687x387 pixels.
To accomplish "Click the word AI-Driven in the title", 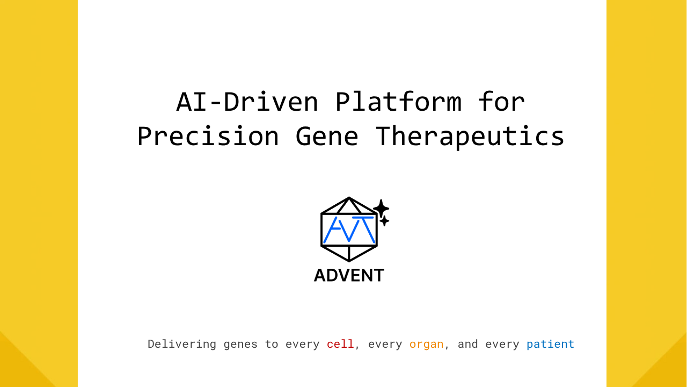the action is pyautogui.click(x=247, y=102).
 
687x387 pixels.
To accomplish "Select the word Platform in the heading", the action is pyautogui.click(x=398, y=102).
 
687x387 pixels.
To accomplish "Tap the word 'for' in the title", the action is pyautogui.click(x=501, y=102).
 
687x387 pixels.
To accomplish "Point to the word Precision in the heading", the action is pyautogui.click(x=208, y=136).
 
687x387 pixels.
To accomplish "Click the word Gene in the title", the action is pyautogui.click(x=327, y=136).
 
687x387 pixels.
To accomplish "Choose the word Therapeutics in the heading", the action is pyautogui.click(x=470, y=137).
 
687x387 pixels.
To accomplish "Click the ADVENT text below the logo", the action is pyautogui.click(x=349, y=275).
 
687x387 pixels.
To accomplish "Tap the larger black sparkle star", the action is pyautogui.click(x=381, y=209).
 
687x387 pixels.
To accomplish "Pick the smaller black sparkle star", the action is pyautogui.click(x=384, y=221).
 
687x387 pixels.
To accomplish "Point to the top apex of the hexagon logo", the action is pyautogui.click(x=349, y=197).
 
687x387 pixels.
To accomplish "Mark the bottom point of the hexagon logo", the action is pyautogui.click(x=349, y=261).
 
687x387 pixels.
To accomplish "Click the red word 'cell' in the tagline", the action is pyautogui.click(x=340, y=344).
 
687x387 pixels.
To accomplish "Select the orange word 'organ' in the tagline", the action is pyautogui.click(x=426, y=345).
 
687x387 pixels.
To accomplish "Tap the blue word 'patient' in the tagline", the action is pyautogui.click(x=550, y=345).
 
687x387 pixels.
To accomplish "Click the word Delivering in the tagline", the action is pyautogui.click(x=182, y=345).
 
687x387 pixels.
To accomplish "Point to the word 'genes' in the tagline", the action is pyautogui.click(x=240, y=345).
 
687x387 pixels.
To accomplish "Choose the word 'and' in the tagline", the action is pyautogui.click(x=467, y=344).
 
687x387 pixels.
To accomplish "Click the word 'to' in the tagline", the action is pyautogui.click(x=272, y=345).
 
